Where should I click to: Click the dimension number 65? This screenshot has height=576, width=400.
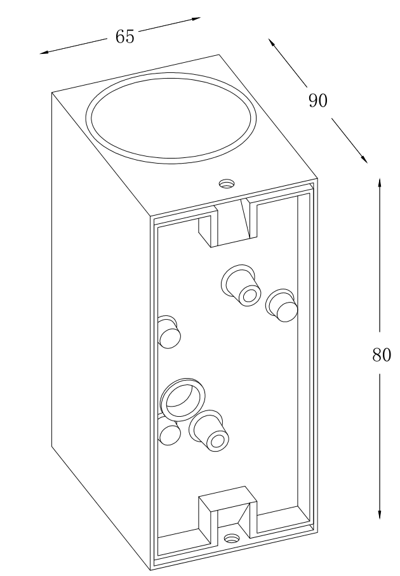pos(125,37)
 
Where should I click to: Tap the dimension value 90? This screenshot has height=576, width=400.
pos(317,101)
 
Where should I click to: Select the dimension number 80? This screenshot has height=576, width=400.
pos(380,355)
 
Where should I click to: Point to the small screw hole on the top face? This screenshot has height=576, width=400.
pos(227,184)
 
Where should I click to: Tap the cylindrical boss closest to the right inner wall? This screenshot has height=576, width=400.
pos(281,305)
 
